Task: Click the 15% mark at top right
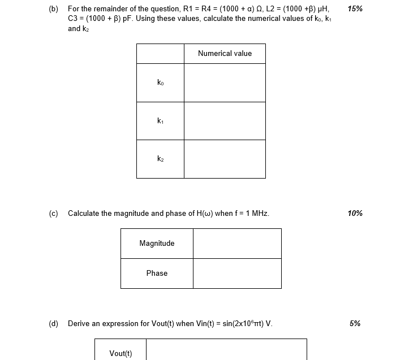(x=355, y=9)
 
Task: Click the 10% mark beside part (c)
(x=355, y=213)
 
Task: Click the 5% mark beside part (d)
(x=355, y=323)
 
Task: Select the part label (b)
(x=54, y=9)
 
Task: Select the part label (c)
(x=54, y=213)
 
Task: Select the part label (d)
(x=54, y=323)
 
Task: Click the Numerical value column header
(x=225, y=54)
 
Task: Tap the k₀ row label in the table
(x=160, y=83)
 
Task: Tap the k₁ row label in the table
(x=160, y=120)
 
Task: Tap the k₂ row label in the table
(x=160, y=159)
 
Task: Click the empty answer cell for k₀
(x=225, y=83)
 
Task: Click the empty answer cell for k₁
(x=225, y=120)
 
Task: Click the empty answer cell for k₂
(x=225, y=159)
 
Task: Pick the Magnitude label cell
(x=157, y=244)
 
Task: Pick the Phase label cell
(x=157, y=273)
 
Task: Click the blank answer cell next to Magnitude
(x=237, y=244)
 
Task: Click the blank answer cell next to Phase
(x=237, y=273)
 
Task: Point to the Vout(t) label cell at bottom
(x=120, y=353)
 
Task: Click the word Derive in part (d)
(x=79, y=323)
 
